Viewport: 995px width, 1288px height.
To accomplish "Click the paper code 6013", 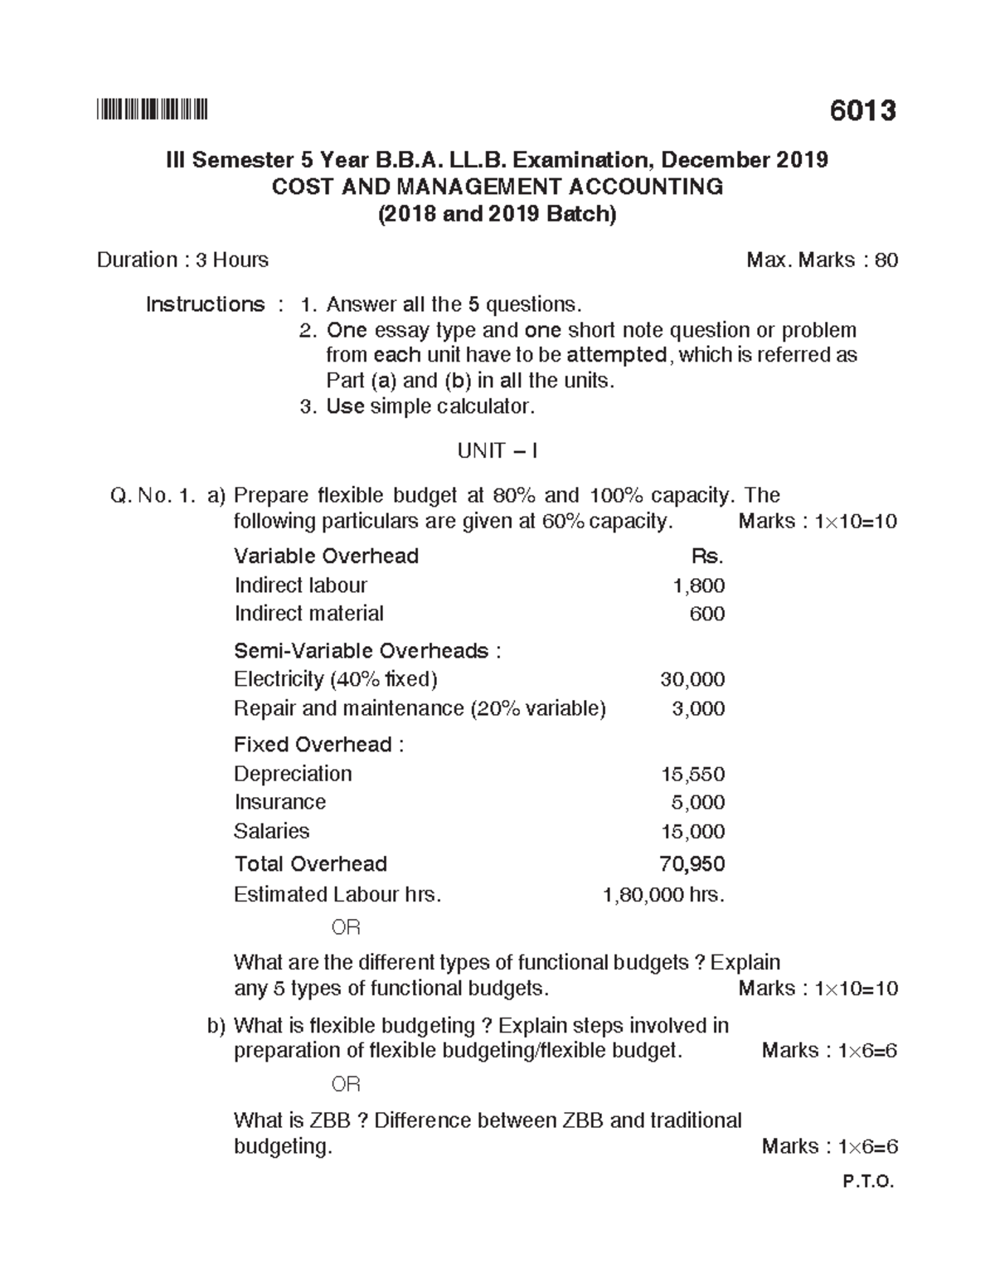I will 862,111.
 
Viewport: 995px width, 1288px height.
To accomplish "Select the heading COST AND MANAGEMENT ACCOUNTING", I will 498,187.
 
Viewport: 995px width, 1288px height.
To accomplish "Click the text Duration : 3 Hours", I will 182,260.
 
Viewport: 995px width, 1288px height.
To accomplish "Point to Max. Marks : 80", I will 822,260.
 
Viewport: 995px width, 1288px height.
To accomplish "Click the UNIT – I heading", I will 498,451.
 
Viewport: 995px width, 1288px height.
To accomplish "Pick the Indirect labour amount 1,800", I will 699,586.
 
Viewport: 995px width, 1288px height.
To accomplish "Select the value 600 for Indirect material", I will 707,614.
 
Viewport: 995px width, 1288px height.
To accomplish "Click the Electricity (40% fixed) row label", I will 335,679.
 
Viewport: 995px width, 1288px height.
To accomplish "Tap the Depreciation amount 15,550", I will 692,774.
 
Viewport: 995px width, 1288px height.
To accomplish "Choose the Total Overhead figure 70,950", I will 692,864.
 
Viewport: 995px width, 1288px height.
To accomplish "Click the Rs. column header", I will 707,556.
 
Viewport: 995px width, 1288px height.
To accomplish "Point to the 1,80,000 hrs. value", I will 663,895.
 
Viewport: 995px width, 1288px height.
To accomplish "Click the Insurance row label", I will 279,802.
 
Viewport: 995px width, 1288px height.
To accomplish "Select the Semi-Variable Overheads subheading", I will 366,651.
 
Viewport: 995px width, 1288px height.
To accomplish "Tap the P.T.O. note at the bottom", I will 868,1183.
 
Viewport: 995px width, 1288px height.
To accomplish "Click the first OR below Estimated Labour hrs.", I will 346,927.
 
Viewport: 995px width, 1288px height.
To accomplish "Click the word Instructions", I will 205,304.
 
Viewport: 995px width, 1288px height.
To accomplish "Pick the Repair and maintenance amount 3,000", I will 698,708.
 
